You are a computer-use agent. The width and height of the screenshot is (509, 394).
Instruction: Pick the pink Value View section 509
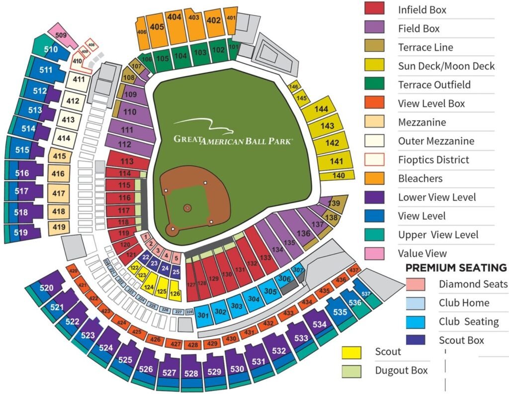click(x=61, y=35)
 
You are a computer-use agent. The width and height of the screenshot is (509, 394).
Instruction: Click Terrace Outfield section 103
click(x=200, y=53)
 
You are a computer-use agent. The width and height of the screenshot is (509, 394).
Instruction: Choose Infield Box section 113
click(x=127, y=161)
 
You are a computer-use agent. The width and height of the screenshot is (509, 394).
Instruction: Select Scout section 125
click(x=162, y=291)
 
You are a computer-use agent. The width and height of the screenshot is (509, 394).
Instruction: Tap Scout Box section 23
click(x=154, y=263)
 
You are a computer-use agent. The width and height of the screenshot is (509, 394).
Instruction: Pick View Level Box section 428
click(x=191, y=344)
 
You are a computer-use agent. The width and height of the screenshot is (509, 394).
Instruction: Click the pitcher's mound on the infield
click(x=187, y=207)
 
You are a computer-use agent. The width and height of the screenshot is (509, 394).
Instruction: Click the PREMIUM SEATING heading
click(x=456, y=268)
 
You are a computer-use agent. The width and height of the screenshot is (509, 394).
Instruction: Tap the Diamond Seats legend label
click(x=473, y=284)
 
